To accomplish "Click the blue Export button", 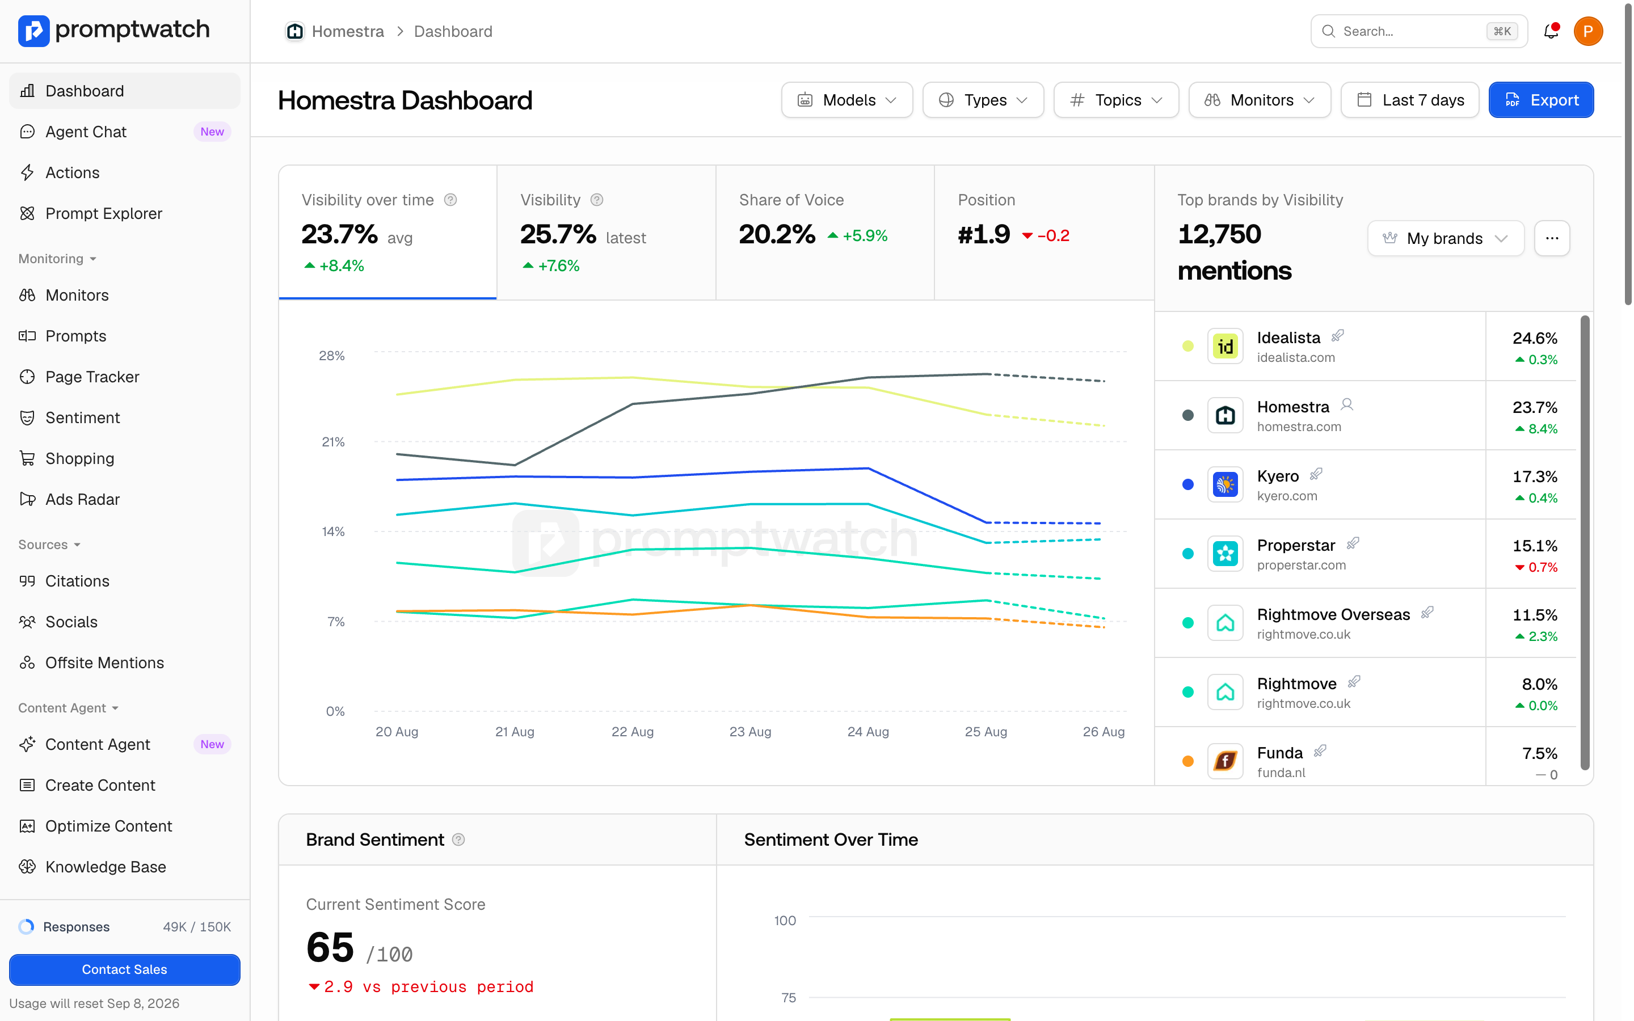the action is click(1541, 100).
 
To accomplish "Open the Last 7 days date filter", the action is click(1410, 100).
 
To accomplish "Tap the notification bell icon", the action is click(1551, 31).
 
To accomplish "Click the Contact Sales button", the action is click(124, 969).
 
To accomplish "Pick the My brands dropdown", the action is click(1446, 238).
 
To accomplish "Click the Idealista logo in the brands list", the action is click(1225, 347).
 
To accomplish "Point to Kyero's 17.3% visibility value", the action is click(1535, 476).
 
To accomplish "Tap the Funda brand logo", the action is click(1225, 762).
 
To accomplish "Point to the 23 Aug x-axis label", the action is click(750, 731).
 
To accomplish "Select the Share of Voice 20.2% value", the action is click(777, 234).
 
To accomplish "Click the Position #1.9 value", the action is click(984, 234).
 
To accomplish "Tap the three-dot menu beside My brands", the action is click(1552, 238).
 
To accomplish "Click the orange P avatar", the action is click(1588, 31).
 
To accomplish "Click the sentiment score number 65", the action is click(330, 947).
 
